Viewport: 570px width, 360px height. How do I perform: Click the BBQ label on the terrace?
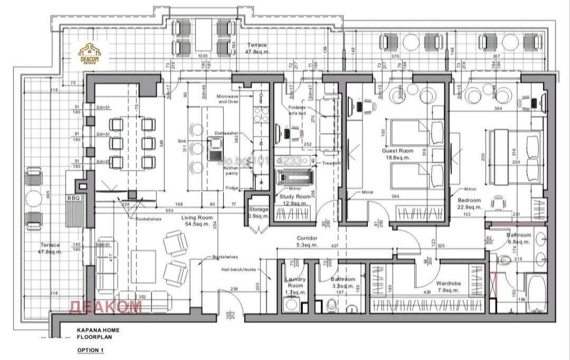click(72, 197)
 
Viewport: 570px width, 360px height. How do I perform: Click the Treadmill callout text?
click(333, 164)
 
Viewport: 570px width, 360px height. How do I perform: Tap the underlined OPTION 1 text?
click(91, 350)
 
